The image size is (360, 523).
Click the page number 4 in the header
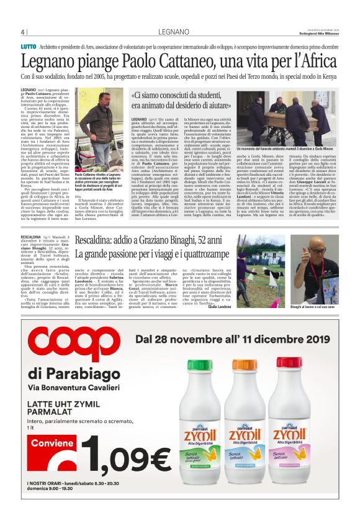(22, 32)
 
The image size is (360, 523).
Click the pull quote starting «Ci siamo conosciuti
(183, 101)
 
